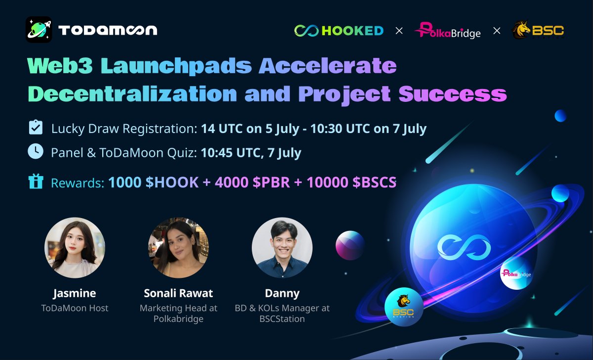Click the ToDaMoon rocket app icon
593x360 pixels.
[x=39, y=30]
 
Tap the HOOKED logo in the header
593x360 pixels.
[x=339, y=31]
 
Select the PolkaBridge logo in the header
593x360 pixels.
[x=447, y=31]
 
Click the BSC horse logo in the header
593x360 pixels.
[x=538, y=31]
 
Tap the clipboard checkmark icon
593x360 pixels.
[x=35, y=128]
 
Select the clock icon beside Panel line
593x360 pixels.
[x=35, y=152]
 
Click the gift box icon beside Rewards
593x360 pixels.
[x=35, y=181]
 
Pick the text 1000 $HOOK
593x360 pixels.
[x=153, y=182]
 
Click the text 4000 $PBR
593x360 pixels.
[x=250, y=182]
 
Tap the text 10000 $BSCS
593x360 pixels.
[x=351, y=182]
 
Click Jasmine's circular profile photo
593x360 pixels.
[x=75, y=247]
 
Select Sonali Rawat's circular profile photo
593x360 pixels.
[x=178, y=247]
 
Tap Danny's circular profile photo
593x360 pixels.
[x=282, y=247]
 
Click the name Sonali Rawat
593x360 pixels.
[x=178, y=293]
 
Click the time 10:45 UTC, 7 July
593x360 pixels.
[x=251, y=153]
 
